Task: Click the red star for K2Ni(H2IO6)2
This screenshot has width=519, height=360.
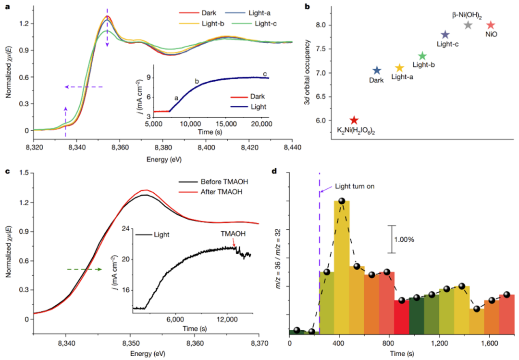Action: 354,120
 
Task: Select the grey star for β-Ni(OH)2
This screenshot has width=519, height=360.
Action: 468,25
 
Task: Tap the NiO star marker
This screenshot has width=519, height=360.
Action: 491,25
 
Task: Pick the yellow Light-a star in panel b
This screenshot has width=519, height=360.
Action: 399,68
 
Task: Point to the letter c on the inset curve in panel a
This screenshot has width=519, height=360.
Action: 264,74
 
